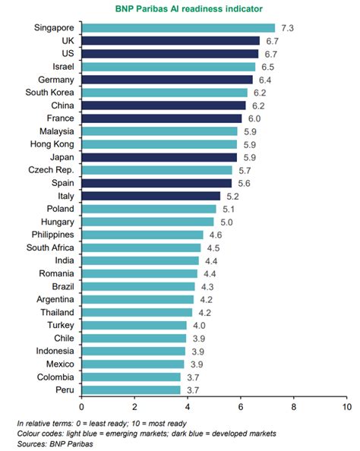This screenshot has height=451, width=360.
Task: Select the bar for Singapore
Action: [x=178, y=27]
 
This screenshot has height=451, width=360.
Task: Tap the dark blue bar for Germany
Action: [x=166, y=79]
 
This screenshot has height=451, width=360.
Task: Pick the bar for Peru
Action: [x=131, y=390]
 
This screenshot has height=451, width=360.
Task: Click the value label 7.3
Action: [x=288, y=27]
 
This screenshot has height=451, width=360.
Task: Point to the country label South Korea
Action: [x=50, y=92]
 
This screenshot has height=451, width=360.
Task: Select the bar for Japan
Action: [x=159, y=157]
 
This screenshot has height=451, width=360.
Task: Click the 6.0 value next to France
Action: [x=254, y=118]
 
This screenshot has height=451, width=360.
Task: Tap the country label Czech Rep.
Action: [x=51, y=170]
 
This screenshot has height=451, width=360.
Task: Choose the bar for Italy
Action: [x=150, y=196]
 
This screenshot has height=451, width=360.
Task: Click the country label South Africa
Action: [x=50, y=248]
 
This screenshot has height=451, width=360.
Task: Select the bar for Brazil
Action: [x=138, y=287]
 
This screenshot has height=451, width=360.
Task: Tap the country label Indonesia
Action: [x=53, y=352]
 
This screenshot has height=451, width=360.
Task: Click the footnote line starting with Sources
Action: [x=49, y=443]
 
